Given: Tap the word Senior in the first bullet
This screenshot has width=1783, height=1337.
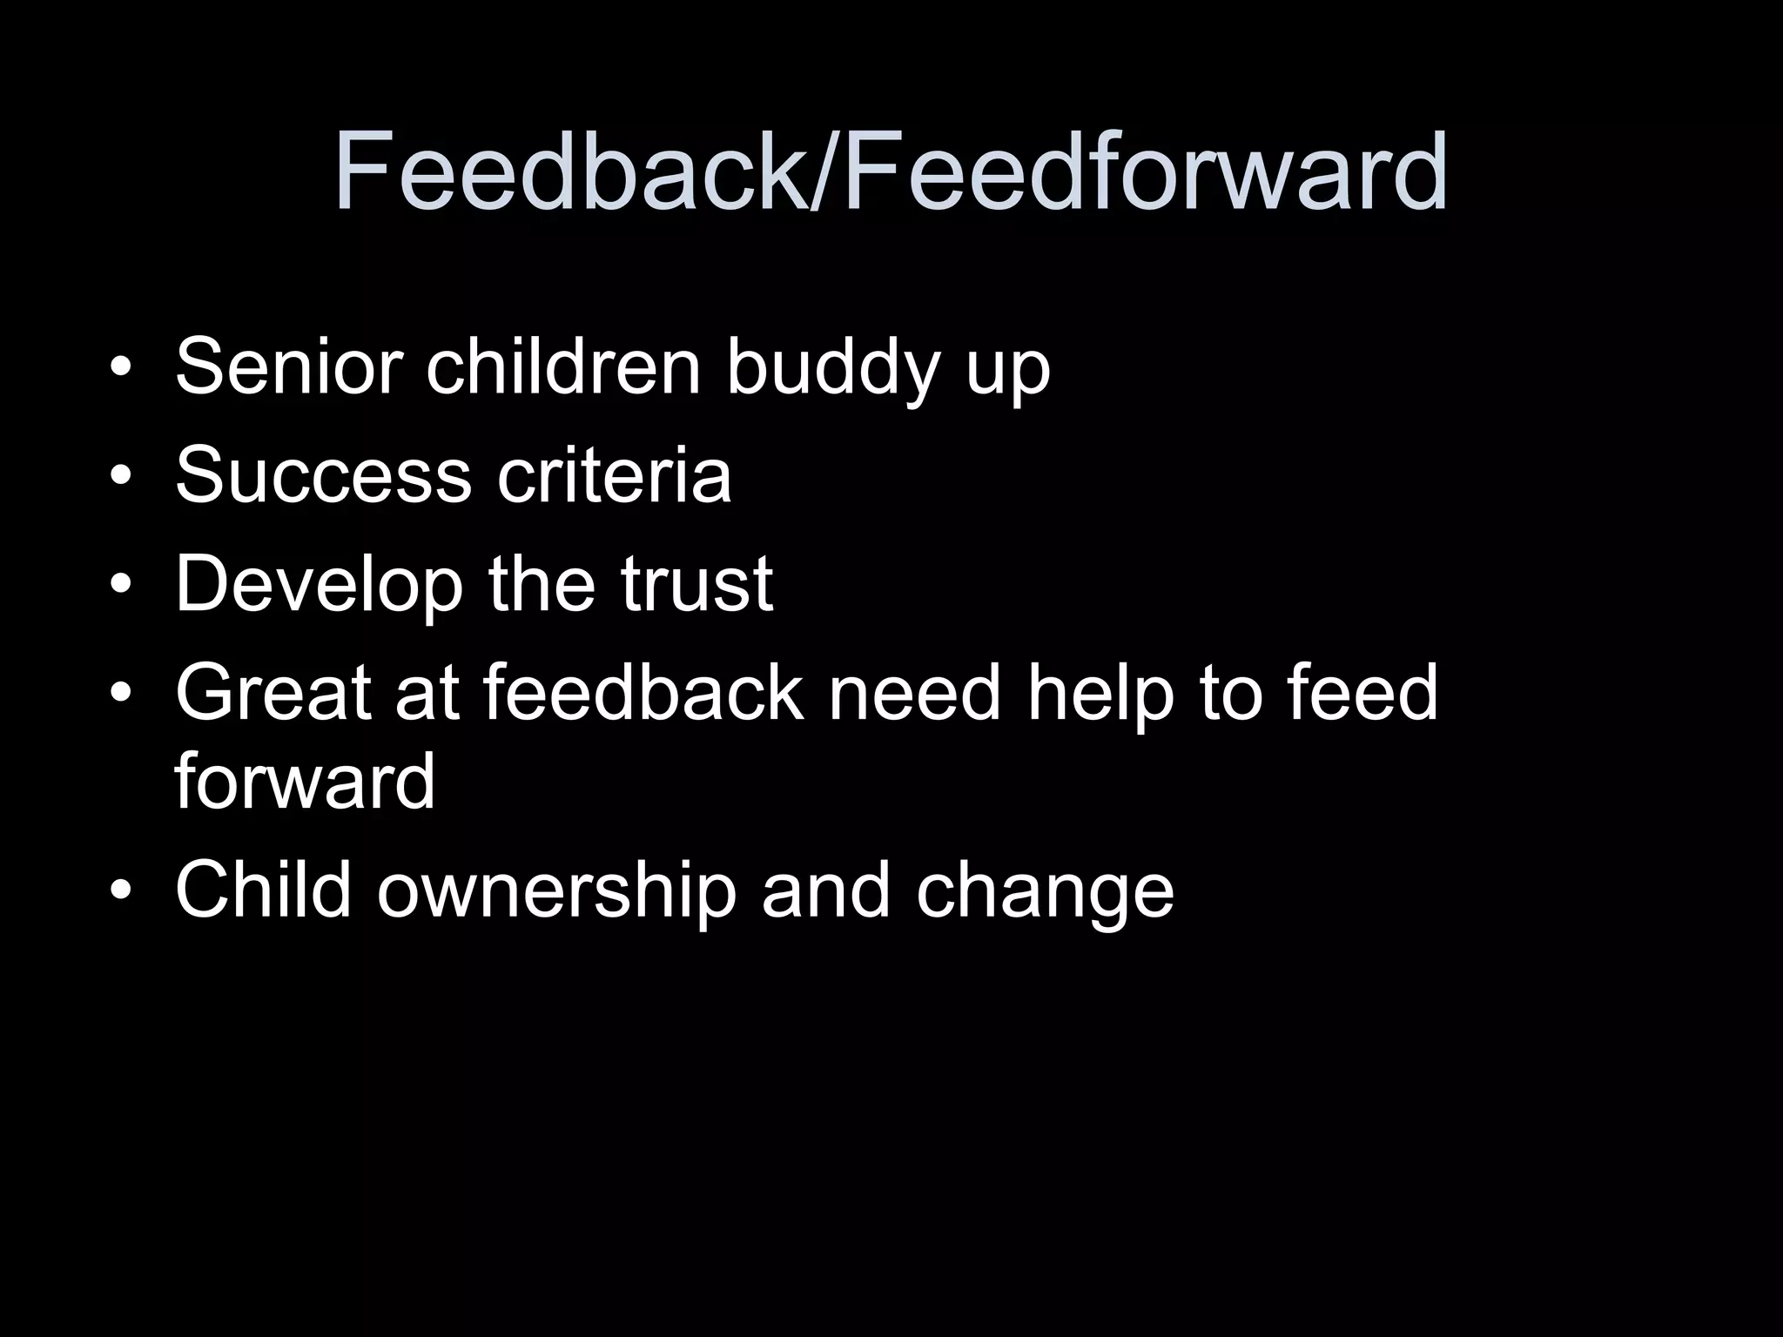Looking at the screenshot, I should click(288, 366).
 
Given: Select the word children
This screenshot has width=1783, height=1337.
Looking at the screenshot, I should click(562, 366).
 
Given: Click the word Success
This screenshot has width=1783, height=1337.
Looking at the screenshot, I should click(323, 475).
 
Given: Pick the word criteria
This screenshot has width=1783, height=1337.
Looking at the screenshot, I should click(614, 475).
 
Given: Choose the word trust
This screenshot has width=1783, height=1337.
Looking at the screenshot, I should click(696, 585).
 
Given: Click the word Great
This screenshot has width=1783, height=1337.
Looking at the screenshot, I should click(272, 693).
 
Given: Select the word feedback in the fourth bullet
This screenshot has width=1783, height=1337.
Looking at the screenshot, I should click(643, 693).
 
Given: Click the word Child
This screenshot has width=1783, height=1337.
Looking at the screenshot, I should click(263, 890).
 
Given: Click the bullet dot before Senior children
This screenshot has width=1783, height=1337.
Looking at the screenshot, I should click(122, 367).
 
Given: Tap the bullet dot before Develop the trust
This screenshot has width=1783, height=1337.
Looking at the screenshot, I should click(122, 586).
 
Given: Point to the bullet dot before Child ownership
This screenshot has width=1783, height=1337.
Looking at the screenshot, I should click(122, 890).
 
